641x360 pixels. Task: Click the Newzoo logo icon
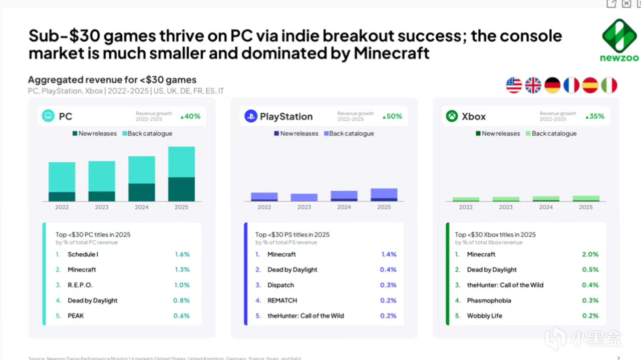pos(619,36)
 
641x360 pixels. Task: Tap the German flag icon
pos(552,85)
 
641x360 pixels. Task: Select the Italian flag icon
pos(609,85)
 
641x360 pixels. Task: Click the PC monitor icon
pos(48,116)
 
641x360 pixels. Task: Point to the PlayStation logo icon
pos(250,116)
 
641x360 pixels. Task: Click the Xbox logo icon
pos(452,116)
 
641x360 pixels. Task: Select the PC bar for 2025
pos(181,174)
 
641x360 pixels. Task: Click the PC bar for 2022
pos(62,181)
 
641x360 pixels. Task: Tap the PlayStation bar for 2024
pos(344,196)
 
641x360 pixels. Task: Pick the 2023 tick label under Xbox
pos(506,207)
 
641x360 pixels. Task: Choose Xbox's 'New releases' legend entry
pos(498,134)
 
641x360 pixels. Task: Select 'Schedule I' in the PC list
pos(83,254)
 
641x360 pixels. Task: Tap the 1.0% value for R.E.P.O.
pos(182,285)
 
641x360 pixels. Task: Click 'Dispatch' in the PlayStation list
pos(280,285)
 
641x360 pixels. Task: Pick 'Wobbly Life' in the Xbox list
pos(484,316)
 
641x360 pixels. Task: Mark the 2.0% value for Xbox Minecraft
pos(590,254)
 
